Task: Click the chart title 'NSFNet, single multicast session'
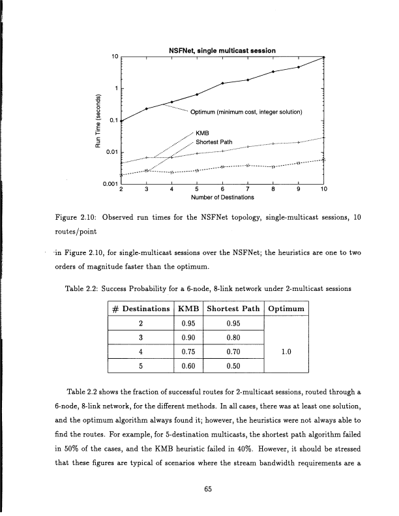tap(222, 51)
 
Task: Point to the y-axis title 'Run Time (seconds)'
tap(97, 121)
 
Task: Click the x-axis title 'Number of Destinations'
tap(222, 196)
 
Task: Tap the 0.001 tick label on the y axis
tap(111, 182)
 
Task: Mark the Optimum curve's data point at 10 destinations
tap(324, 57)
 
